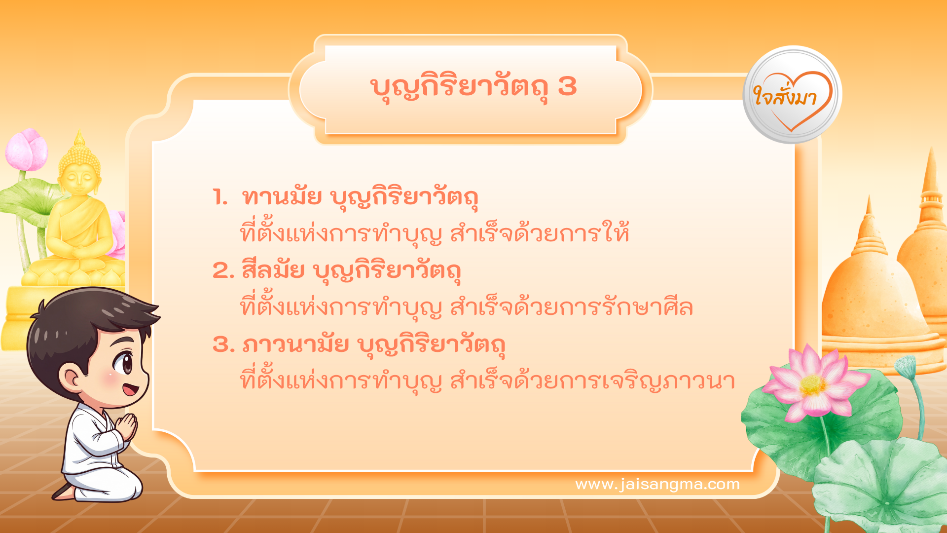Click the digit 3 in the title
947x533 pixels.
567,87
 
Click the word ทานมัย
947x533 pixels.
282,197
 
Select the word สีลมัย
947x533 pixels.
273,270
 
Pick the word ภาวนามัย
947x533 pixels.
295,344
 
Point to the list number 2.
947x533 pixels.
222,271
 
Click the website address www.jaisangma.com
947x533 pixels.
657,484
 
